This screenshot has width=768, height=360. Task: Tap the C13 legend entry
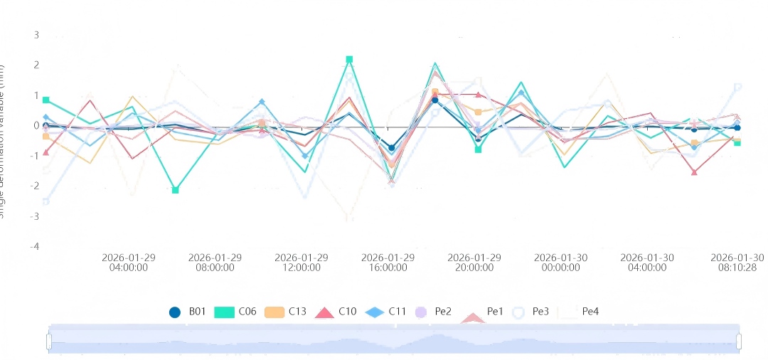[285, 312]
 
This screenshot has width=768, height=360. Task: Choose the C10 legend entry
[336, 312]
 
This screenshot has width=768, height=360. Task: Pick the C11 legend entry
[386, 312]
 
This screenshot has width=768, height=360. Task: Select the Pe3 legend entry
[530, 312]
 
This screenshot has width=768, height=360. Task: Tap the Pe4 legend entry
[580, 312]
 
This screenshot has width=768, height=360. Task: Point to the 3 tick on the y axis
[37, 35]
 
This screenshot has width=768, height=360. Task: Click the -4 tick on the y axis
[36, 246]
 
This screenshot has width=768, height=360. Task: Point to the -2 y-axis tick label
[36, 186]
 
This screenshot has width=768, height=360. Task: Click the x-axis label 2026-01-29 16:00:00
[388, 263]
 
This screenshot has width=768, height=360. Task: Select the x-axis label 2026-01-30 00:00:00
[561, 263]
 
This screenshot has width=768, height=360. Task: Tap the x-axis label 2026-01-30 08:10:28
[737, 263]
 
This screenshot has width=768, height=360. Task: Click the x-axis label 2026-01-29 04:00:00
[129, 263]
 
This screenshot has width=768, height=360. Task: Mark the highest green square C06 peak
[349, 60]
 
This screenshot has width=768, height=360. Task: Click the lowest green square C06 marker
[176, 190]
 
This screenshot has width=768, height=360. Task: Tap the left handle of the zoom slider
[49, 342]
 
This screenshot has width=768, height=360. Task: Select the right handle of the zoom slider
[739, 342]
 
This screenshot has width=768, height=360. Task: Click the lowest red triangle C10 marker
[694, 172]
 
